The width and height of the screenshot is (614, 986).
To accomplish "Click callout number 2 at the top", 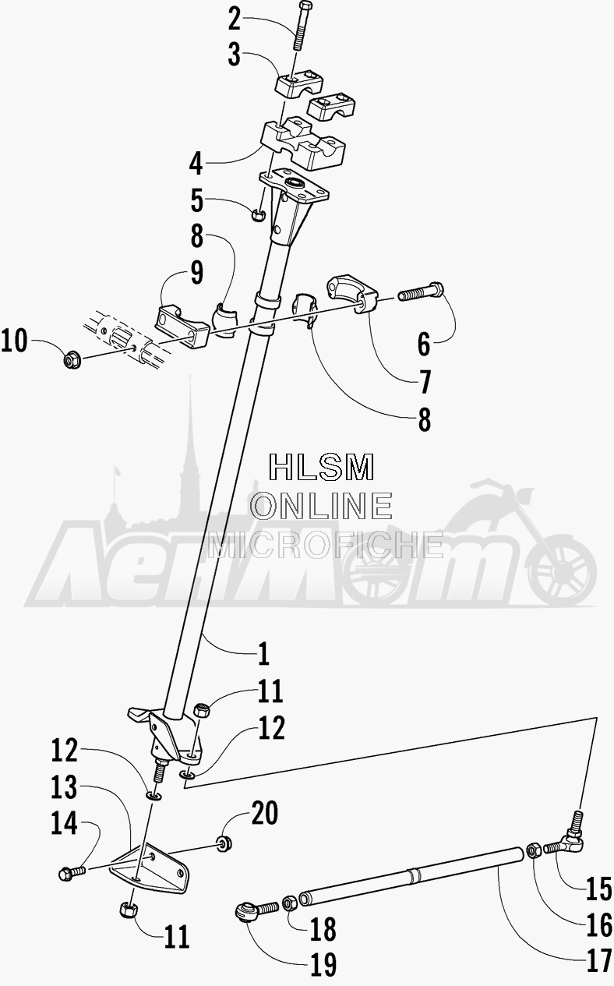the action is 235,19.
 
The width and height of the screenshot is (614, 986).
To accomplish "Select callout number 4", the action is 196,164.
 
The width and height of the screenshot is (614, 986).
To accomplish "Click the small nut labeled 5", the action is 257,215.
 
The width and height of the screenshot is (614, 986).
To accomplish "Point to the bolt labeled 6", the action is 422,292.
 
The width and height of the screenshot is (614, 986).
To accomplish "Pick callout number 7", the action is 425,382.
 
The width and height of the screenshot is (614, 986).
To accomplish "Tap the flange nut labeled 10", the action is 72,361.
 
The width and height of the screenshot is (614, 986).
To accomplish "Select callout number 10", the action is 14,341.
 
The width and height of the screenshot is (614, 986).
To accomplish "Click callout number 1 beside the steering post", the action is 263,653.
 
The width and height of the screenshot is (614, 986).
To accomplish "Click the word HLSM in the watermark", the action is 322,467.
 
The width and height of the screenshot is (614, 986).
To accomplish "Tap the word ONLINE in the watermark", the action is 321,505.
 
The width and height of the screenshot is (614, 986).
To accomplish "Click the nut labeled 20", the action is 224,843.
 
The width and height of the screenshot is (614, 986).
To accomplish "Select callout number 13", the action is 64,787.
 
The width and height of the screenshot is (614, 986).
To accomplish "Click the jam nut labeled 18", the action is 289,903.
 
